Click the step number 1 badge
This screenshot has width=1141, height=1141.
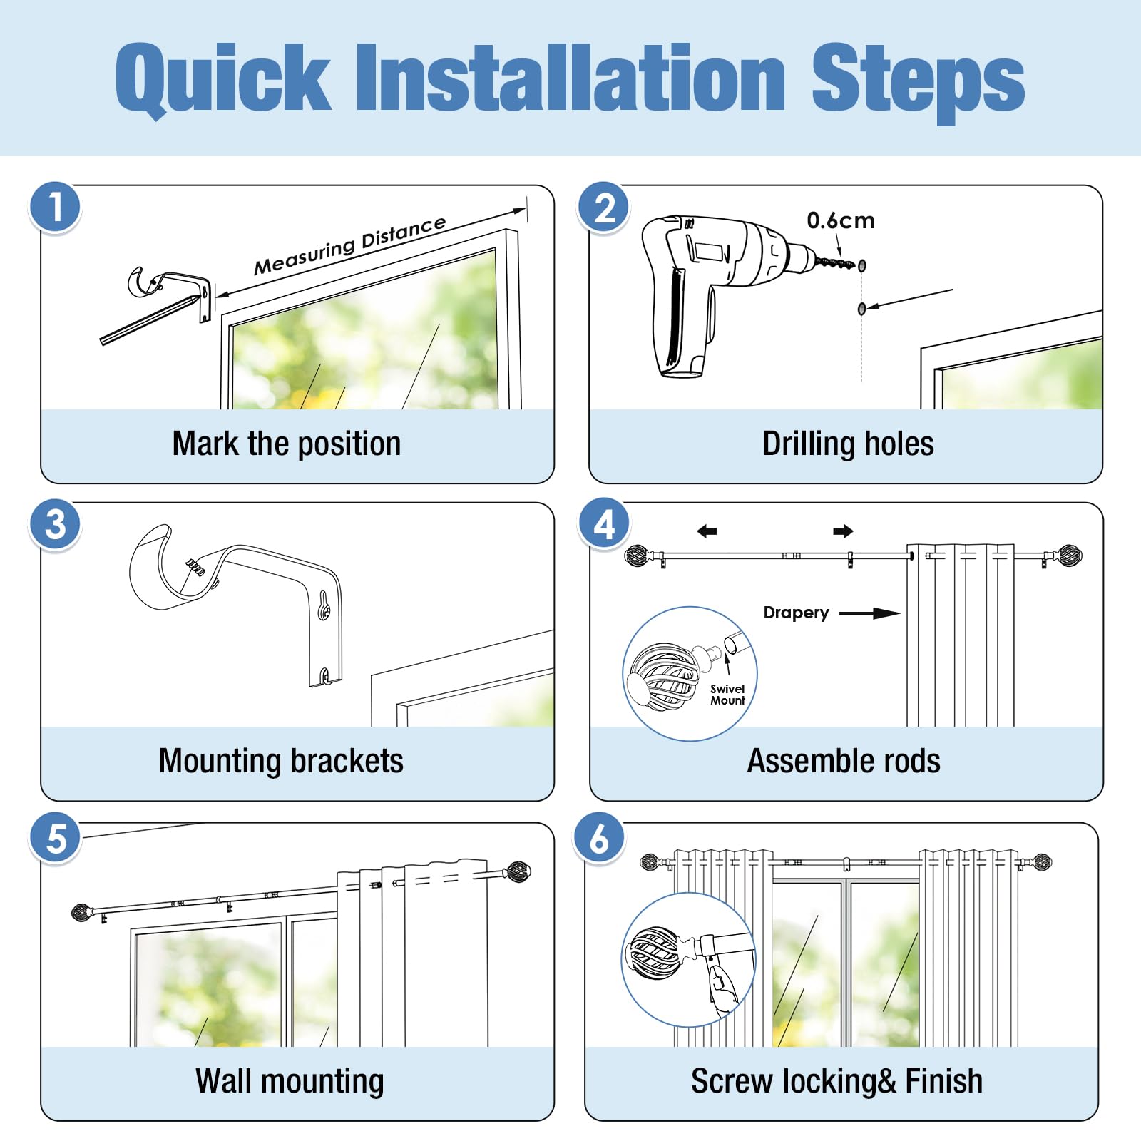point(56,208)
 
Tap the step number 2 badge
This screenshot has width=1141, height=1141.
point(603,208)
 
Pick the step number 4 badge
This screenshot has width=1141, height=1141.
point(603,524)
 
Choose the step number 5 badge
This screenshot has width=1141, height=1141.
point(56,838)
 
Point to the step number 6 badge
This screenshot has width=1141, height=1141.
point(599,838)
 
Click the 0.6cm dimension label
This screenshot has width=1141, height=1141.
point(841,220)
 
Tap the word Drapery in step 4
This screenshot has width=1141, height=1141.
point(796,613)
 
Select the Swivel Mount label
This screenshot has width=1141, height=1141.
point(727,695)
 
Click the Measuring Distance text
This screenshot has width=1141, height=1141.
point(350,245)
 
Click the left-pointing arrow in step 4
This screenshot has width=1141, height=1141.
point(707,531)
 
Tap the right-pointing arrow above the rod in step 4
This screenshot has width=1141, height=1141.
point(843,531)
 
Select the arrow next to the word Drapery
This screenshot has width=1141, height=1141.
point(869,613)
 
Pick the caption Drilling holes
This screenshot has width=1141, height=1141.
point(848,444)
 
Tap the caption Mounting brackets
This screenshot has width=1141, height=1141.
point(281,761)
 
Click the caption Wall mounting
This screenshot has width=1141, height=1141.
point(290,1081)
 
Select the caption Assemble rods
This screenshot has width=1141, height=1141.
point(844,761)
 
